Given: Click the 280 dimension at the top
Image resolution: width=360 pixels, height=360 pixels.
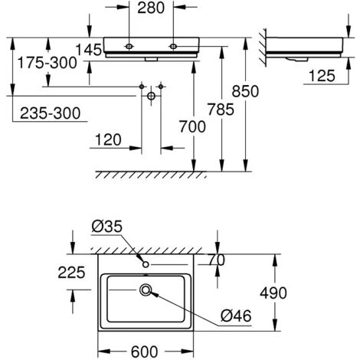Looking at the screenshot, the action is point(151,8).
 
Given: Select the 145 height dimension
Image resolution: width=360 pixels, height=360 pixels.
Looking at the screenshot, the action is point(89,50).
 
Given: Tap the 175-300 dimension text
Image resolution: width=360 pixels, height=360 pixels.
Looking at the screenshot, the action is point(47,63).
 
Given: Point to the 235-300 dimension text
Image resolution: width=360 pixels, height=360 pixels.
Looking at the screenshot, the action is point(51,113).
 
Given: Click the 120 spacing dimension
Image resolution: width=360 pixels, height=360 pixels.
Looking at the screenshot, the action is point(108,140).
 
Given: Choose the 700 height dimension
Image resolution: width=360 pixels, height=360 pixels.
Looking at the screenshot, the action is point(192,126).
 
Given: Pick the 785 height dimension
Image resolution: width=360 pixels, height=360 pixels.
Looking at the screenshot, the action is point(221,110).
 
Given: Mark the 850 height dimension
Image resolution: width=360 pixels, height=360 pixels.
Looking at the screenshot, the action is point(245,91).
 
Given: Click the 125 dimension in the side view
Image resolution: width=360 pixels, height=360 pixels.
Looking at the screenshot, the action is point(322,76).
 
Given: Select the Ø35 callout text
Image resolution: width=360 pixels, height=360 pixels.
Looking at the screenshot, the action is point(107,227).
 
